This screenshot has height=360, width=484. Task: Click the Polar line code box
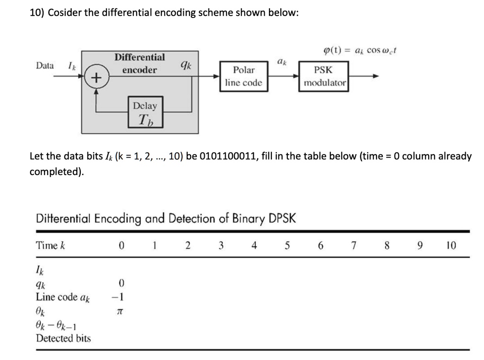(x=244, y=76)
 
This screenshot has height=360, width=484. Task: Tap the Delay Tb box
(x=145, y=112)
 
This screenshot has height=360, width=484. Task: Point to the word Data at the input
(x=45, y=66)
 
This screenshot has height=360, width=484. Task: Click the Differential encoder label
(x=139, y=63)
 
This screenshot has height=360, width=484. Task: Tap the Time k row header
(x=50, y=245)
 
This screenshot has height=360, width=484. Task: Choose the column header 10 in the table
(x=451, y=245)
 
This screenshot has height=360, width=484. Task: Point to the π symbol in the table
(x=121, y=311)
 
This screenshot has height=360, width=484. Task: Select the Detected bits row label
(x=63, y=338)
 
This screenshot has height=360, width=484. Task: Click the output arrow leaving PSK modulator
(x=364, y=76)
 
